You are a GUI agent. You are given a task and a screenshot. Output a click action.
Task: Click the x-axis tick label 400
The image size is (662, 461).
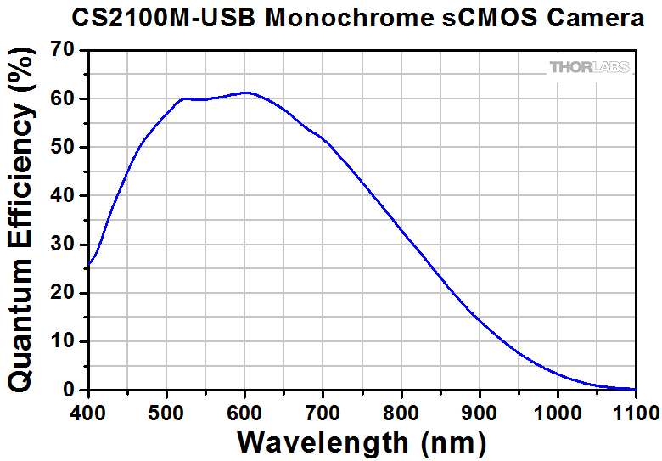(x=87, y=413)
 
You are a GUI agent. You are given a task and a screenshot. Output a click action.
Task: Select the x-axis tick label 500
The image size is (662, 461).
(x=166, y=413)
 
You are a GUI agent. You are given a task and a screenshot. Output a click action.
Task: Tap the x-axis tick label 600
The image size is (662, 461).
(x=244, y=413)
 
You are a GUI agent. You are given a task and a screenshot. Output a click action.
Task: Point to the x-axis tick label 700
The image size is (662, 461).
(x=323, y=413)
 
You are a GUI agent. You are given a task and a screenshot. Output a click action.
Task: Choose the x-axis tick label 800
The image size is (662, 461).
(x=401, y=413)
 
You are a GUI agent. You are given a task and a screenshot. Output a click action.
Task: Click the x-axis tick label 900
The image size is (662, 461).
(x=479, y=413)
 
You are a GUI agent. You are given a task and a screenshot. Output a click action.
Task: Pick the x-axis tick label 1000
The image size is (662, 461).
(x=557, y=413)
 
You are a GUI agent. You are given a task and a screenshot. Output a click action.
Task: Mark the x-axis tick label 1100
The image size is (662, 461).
(x=635, y=413)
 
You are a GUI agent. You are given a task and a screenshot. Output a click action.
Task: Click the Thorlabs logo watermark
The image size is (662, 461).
(x=591, y=67)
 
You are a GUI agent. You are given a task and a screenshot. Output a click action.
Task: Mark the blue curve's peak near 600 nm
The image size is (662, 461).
(x=246, y=93)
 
